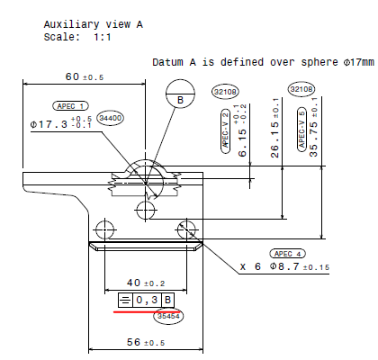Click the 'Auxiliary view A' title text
tap(94, 24)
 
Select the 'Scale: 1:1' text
tap(77, 37)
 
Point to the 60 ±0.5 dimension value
tap(85, 76)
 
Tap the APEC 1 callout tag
tap(70, 106)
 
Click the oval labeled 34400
tap(111, 118)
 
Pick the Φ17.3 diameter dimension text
tap(61, 123)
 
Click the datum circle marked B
tap(180, 94)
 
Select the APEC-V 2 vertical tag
tap(226, 131)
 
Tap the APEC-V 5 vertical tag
tap(301, 129)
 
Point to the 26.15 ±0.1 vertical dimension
tap(275, 128)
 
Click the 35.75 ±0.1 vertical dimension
tap(313, 127)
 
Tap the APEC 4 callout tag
tap(287, 254)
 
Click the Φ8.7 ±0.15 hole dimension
tap(299, 266)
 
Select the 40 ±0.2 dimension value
tap(146, 283)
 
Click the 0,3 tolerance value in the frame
tap(147, 300)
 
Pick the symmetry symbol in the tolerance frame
tap(125, 300)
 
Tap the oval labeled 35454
tap(168, 316)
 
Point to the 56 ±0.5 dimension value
tap(146, 342)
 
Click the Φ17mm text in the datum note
tap(358, 62)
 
